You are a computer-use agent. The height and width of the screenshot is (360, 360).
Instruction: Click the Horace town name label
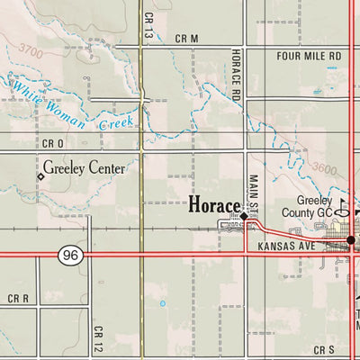(212, 205)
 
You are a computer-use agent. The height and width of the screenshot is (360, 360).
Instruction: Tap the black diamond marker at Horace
(244, 216)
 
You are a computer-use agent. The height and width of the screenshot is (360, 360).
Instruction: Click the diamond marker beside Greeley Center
(40, 177)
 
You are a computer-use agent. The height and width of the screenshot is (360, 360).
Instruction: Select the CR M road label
(186, 38)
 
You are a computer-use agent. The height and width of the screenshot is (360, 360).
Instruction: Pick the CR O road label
(53, 143)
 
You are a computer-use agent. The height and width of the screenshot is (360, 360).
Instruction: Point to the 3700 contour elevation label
(31, 50)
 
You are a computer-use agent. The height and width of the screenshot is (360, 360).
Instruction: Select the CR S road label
(324, 347)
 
